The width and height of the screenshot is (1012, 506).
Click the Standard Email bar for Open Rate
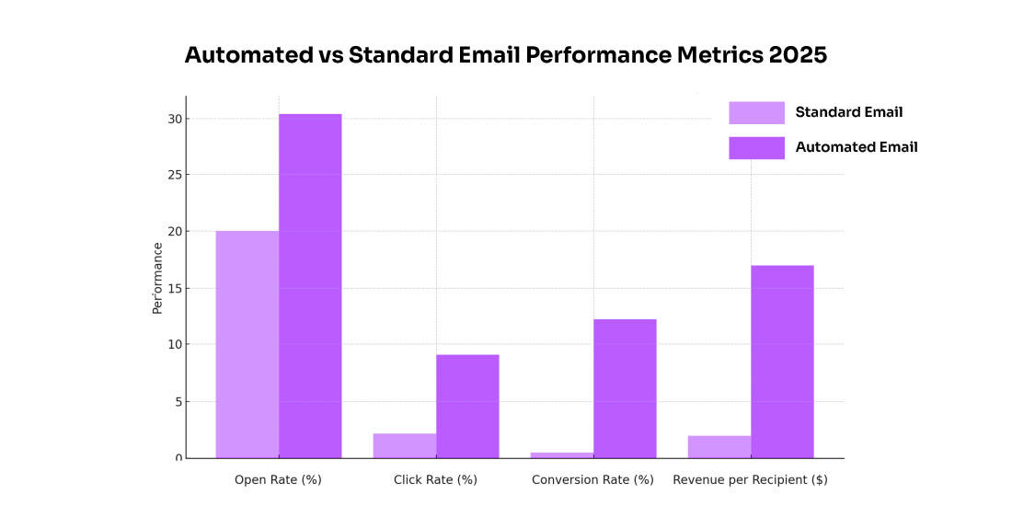[x=247, y=344]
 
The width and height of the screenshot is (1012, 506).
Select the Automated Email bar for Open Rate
[x=310, y=286]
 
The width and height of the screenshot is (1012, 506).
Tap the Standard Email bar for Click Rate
[x=404, y=446]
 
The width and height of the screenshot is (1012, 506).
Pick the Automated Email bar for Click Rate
[x=467, y=406]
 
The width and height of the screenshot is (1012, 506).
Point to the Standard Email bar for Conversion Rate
[x=561, y=454]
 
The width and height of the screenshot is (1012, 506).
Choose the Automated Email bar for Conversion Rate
[x=625, y=388]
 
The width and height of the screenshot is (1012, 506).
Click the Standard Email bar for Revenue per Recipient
[x=719, y=447]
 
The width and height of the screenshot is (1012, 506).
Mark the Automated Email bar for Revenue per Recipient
[x=782, y=362]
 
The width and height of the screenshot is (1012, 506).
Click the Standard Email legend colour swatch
[x=756, y=112]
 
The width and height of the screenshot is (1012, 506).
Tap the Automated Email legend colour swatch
[x=756, y=147]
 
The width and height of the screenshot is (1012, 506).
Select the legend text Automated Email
[x=856, y=147]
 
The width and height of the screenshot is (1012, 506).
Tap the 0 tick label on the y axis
[x=178, y=458]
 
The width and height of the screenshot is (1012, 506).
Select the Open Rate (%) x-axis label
[x=278, y=479]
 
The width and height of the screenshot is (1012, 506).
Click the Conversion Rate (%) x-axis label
[x=592, y=479]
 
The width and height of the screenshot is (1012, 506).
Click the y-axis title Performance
[x=157, y=278]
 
